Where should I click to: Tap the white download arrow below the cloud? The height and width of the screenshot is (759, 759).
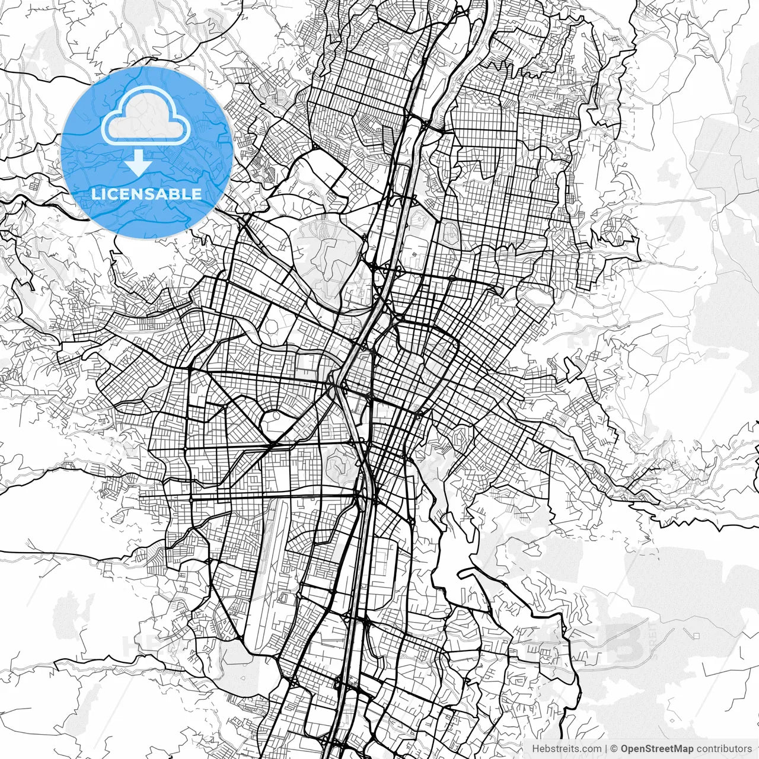[x=138, y=162]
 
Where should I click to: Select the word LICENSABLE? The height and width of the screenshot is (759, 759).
[x=146, y=194]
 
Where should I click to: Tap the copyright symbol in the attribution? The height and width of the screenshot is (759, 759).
[x=614, y=749]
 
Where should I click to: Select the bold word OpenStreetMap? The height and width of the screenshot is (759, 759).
[x=656, y=749]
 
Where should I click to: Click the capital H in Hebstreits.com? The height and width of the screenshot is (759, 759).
[x=535, y=749]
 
